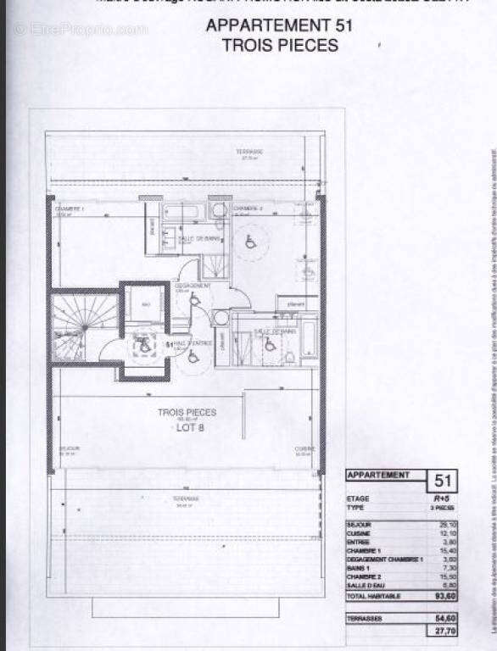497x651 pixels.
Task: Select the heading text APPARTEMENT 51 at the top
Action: pos(279,25)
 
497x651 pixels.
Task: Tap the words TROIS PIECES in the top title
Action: pos(279,44)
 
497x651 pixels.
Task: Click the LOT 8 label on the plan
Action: pos(187,427)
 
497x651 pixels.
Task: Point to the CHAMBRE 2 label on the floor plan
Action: pos(248,209)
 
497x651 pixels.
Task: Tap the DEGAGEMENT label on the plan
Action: pos(189,286)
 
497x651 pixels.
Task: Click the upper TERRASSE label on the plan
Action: pos(249,152)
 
